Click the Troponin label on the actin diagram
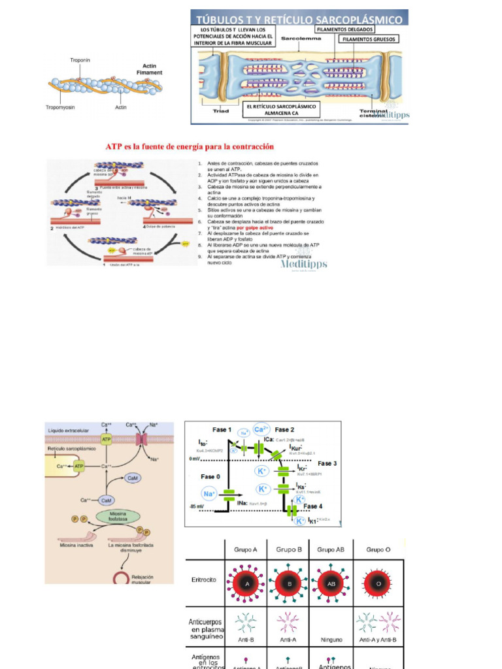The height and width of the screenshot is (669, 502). [80, 60]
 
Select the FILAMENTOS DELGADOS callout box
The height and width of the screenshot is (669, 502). [344, 29]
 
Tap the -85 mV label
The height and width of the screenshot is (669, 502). [196, 508]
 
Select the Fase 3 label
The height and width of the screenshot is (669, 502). [327, 463]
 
